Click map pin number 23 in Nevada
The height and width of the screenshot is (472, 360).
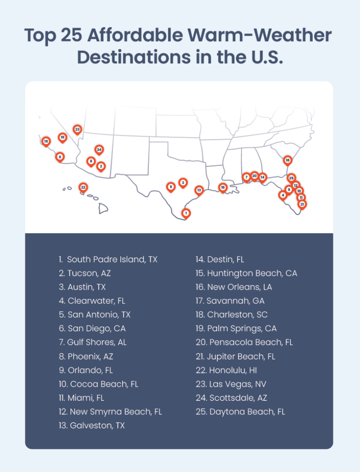pos(77,129)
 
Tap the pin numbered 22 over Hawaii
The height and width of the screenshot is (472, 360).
pos(83,187)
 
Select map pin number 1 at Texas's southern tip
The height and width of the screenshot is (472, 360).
pos(186,213)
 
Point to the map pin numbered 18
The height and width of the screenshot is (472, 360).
pos(288,160)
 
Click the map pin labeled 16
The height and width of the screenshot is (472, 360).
pos(223,187)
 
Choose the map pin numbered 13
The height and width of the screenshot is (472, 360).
pos(199,190)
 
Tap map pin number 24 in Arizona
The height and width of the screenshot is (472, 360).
pos(99,150)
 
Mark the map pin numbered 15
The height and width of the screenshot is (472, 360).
pos(46,141)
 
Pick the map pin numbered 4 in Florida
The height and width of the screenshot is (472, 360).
pos(283,195)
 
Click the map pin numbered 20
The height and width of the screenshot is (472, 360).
pos(254,176)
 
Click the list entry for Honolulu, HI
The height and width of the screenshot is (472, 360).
pos(226,371)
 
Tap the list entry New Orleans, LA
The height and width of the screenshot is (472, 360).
pos(233,287)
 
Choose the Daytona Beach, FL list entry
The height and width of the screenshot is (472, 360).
pos(240,412)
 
